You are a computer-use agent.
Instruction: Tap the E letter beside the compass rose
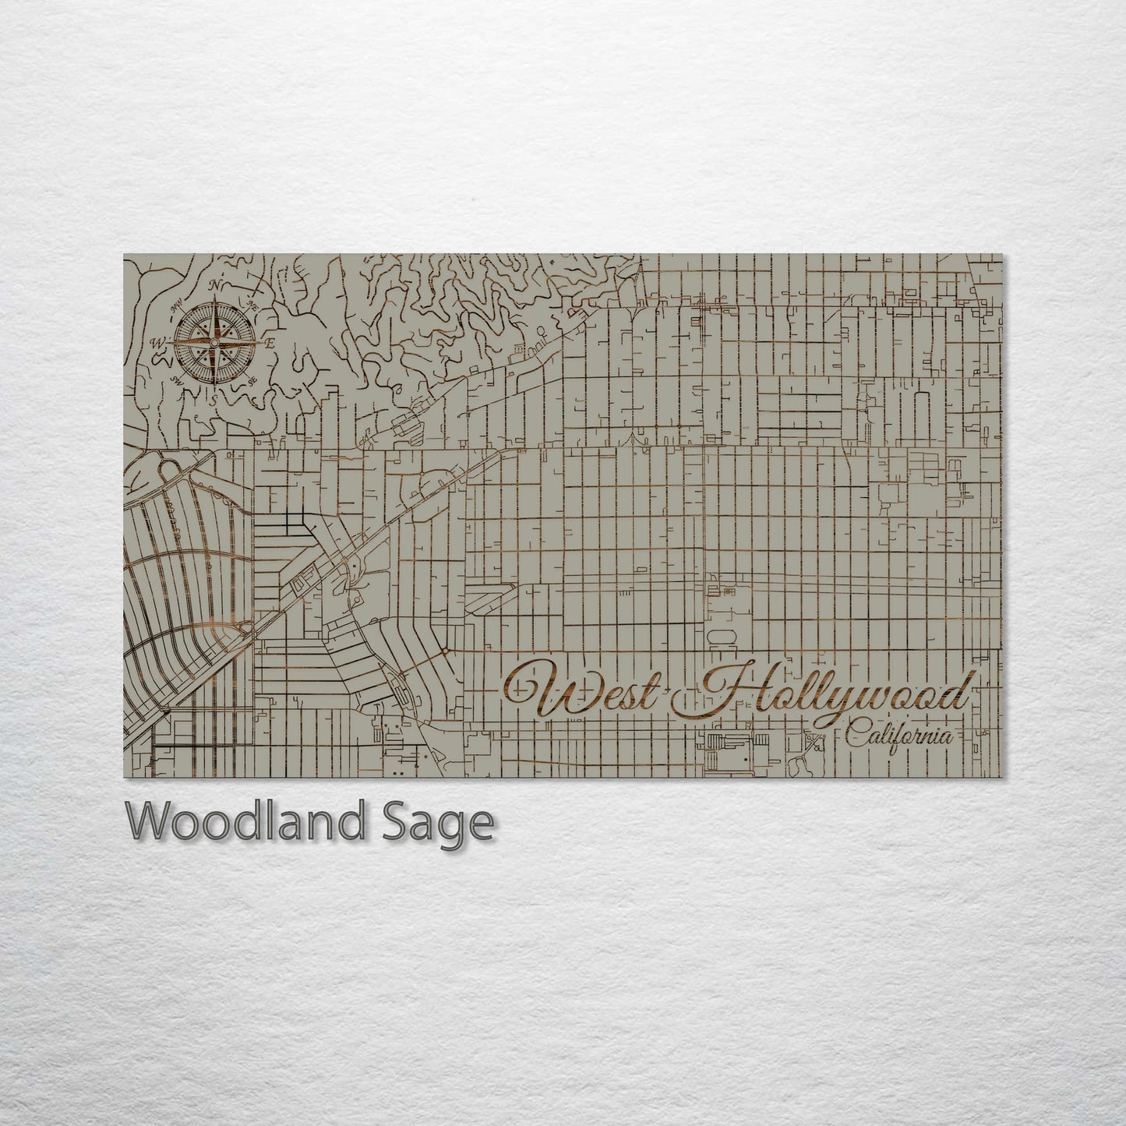click(270, 343)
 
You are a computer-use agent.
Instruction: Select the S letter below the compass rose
click(214, 399)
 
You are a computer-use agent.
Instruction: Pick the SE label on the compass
click(252, 381)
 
